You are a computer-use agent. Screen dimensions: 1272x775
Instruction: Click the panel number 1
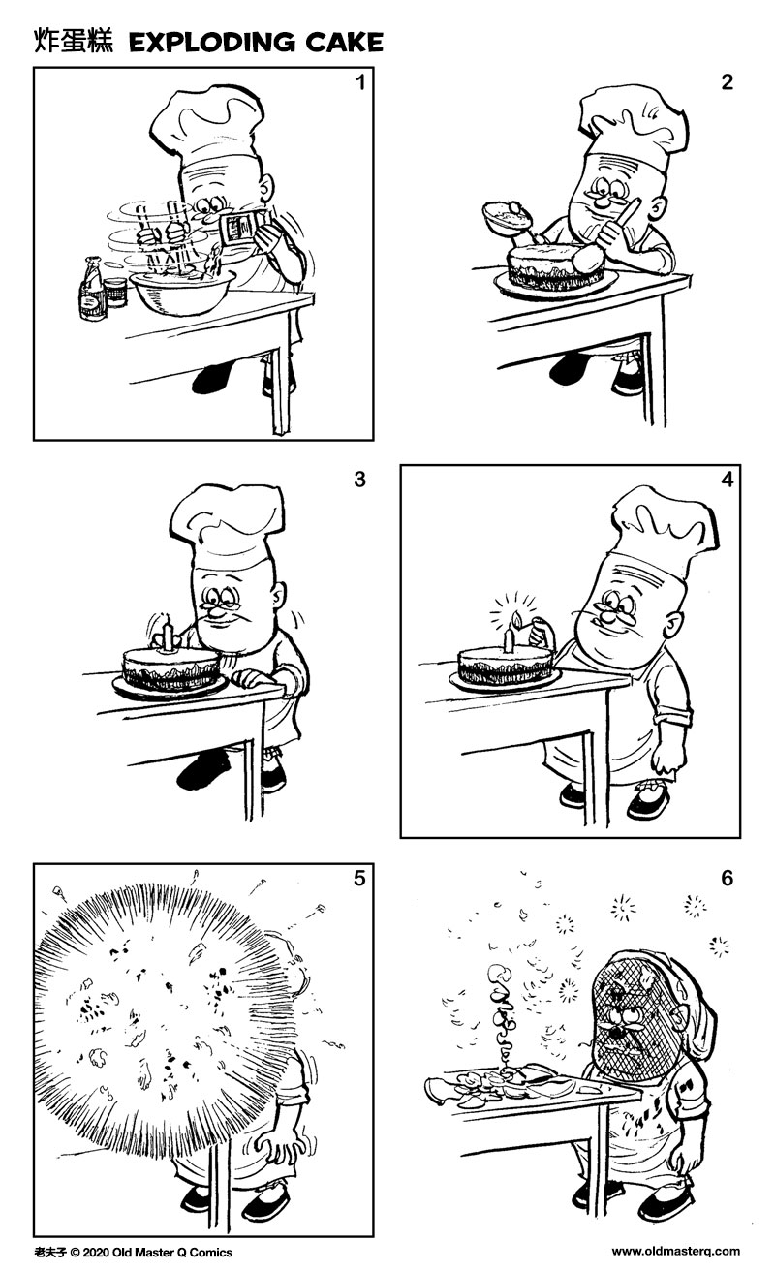coord(360,82)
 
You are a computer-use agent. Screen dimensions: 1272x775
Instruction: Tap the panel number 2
coord(727,82)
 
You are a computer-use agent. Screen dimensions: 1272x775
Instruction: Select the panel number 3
coord(360,480)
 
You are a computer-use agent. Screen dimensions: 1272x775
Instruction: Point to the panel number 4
coord(727,480)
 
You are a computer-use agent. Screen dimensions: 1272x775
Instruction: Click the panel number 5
coord(360,880)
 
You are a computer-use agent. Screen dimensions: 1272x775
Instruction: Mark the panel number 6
coord(727,880)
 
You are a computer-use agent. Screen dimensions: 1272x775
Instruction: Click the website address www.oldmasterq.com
coord(675,1251)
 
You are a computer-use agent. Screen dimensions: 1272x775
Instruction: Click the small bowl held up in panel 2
coord(507,215)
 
